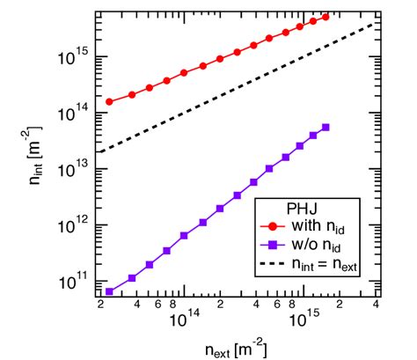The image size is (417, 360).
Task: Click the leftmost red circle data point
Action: pyautogui.click(x=109, y=101)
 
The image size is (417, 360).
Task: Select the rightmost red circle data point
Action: pyautogui.click(x=326, y=17)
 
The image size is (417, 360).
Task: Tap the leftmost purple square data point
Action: pyautogui.click(x=109, y=291)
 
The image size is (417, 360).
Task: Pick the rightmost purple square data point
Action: pyautogui.click(x=326, y=128)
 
